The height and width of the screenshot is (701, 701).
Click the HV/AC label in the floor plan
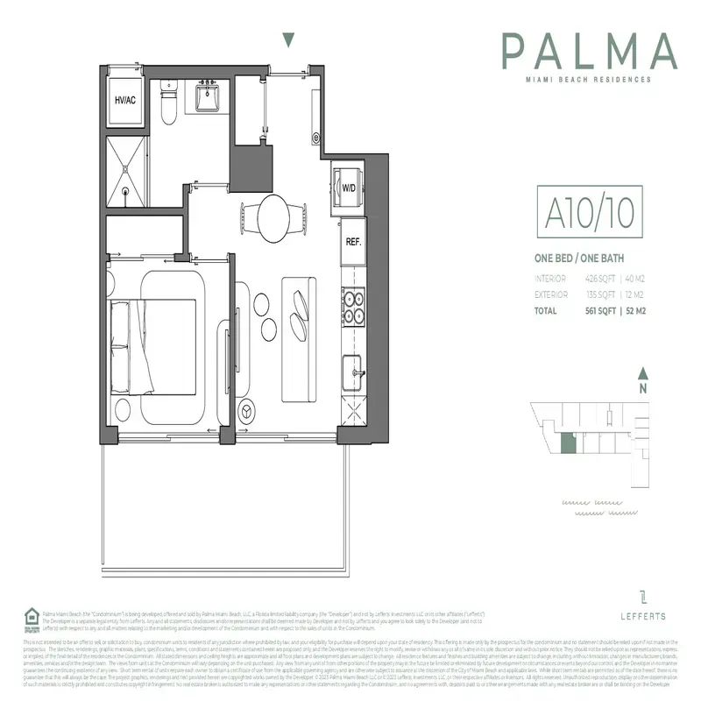[126, 100]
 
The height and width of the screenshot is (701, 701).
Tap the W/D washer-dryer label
[348, 187]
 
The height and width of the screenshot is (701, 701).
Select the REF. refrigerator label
[354, 241]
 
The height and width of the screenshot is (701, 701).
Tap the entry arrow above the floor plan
[288, 40]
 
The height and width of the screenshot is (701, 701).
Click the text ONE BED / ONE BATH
[579, 258]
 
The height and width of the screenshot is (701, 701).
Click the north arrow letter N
[643, 387]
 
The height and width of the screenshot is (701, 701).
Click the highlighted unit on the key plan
[569, 445]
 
